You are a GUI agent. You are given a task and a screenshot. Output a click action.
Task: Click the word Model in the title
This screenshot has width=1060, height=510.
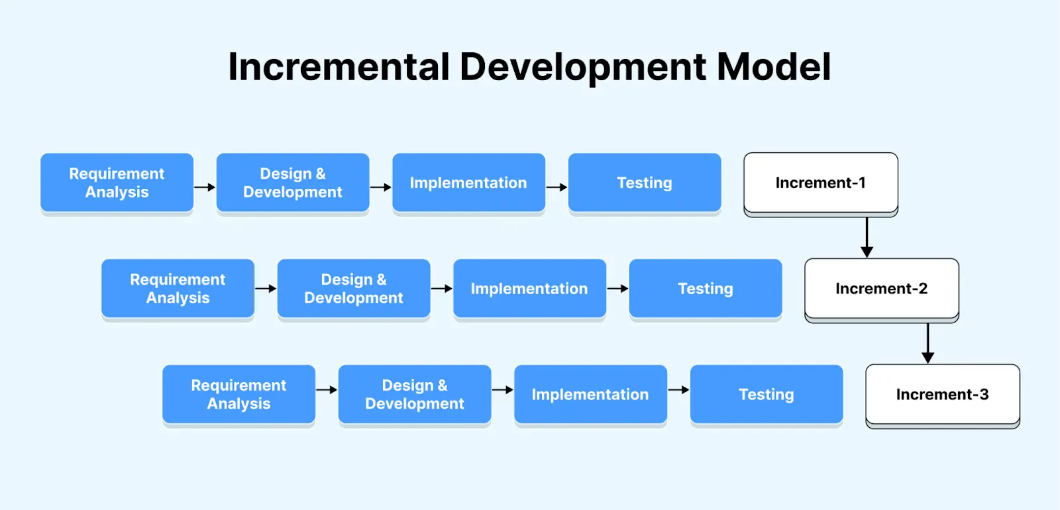tap(774, 67)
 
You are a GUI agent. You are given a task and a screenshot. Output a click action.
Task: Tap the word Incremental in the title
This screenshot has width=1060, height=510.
tap(339, 67)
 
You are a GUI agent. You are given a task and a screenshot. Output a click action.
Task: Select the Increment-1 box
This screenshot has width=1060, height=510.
tap(820, 183)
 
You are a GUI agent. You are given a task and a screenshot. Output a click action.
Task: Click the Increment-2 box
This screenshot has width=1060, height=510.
tap(881, 289)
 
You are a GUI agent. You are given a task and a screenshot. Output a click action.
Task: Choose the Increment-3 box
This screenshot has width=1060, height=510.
tap(942, 395)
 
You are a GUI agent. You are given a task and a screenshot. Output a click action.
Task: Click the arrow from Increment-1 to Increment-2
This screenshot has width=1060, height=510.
tap(867, 237)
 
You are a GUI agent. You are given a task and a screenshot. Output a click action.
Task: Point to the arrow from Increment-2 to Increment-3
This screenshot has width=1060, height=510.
tap(927, 343)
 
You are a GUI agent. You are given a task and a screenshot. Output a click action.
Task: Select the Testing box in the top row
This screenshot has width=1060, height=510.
tap(644, 183)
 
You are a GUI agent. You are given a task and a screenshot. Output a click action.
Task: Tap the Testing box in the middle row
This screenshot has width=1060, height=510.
tap(705, 289)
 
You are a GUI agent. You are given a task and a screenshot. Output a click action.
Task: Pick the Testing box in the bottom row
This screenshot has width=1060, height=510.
tap(766, 395)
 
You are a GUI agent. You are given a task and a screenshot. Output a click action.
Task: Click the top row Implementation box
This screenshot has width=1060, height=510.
tap(468, 183)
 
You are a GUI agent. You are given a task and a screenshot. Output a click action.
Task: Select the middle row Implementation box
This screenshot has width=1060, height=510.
tap(529, 289)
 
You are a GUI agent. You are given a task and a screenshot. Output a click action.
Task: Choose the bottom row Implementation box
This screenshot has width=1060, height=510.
tap(590, 395)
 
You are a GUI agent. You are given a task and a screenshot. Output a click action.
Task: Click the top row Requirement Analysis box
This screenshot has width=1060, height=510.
tap(117, 183)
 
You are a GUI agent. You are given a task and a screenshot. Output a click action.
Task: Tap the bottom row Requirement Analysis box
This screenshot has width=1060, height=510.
tap(238, 395)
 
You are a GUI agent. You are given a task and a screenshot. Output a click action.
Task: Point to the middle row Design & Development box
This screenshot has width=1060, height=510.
tap(353, 289)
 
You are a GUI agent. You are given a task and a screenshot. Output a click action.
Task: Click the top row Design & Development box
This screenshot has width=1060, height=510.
tap(292, 183)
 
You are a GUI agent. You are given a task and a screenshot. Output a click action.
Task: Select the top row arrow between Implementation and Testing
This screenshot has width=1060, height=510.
tap(556, 187)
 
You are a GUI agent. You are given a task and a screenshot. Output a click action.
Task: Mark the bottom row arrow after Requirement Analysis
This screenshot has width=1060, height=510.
tap(327, 390)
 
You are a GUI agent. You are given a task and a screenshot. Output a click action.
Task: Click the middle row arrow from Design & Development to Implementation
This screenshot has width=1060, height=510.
tap(442, 289)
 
